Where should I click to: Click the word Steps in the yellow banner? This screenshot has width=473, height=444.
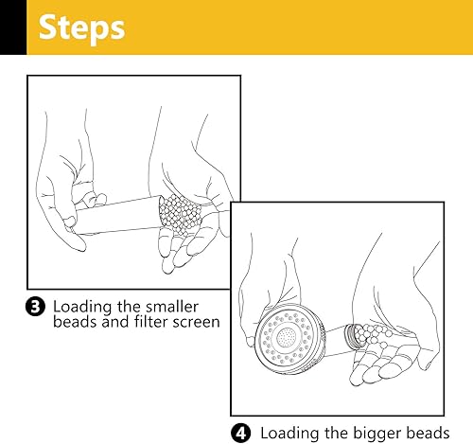point(81,28)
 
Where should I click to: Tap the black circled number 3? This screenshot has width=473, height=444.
point(35,307)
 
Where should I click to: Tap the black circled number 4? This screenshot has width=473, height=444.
point(241,434)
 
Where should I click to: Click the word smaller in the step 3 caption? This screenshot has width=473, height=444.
point(172,307)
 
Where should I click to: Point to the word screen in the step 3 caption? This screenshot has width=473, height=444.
point(193,323)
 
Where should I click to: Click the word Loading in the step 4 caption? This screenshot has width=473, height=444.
point(289,434)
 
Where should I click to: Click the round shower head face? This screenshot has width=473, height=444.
point(288,339)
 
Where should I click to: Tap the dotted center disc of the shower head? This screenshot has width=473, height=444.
point(287,338)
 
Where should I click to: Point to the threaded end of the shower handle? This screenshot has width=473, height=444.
point(352,336)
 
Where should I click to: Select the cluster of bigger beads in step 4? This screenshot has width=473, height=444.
point(374,334)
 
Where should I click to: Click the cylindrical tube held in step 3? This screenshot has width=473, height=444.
point(118,215)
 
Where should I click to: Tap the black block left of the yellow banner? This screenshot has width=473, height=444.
point(13,27)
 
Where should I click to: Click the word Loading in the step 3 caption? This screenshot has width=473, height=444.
point(82,308)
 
